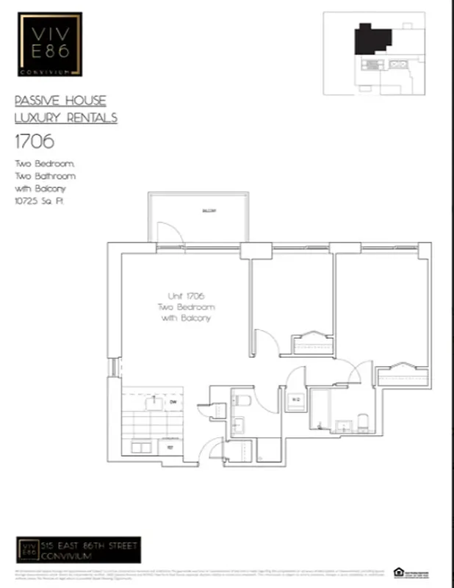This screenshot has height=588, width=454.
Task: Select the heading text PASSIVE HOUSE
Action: click(x=60, y=101)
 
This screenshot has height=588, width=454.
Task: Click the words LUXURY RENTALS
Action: click(x=66, y=118)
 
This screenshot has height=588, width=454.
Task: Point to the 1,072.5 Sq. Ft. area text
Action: click(x=39, y=200)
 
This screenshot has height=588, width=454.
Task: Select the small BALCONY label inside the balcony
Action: click(x=209, y=211)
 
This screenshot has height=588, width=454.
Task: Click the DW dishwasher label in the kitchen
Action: click(x=173, y=402)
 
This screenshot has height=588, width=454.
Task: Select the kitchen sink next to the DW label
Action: click(x=154, y=402)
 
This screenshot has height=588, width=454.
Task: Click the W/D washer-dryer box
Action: click(x=295, y=401)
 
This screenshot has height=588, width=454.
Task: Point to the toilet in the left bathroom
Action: click(x=242, y=401)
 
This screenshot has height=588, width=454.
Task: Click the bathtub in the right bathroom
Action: click(x=323, y=408)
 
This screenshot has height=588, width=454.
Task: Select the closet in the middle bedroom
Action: click(x=313, y=343)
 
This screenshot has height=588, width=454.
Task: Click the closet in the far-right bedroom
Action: click(x=403, y=373)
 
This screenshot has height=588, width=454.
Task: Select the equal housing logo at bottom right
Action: click(x=398, y=571)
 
